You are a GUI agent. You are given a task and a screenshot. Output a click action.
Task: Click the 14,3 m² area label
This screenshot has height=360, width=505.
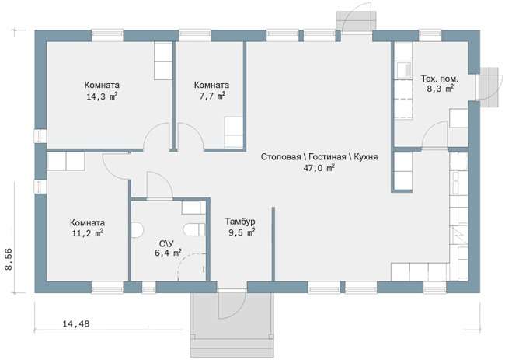102,96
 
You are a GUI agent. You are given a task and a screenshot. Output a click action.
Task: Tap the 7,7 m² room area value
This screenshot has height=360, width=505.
211,96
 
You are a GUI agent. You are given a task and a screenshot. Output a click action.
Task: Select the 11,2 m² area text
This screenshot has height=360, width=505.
88,232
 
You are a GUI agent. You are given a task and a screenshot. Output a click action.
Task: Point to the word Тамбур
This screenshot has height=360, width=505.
240,222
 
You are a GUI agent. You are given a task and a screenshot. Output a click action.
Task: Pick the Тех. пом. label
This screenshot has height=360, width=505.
440,79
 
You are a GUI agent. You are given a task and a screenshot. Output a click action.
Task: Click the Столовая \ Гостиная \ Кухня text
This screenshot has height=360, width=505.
319,157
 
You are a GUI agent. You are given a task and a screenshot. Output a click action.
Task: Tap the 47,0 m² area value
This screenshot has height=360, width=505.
319,168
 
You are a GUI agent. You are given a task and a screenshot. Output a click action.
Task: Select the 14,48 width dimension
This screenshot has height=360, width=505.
76,323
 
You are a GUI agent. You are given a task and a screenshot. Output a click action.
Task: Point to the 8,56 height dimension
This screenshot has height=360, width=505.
9,259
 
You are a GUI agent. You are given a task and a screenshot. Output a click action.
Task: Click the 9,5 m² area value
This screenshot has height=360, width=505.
242,232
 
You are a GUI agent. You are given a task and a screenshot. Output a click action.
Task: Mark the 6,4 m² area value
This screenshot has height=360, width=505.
168,253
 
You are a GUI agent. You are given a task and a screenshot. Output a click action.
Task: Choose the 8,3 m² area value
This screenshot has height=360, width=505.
441,89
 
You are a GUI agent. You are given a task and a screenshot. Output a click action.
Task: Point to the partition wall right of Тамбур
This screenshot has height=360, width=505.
273,243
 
